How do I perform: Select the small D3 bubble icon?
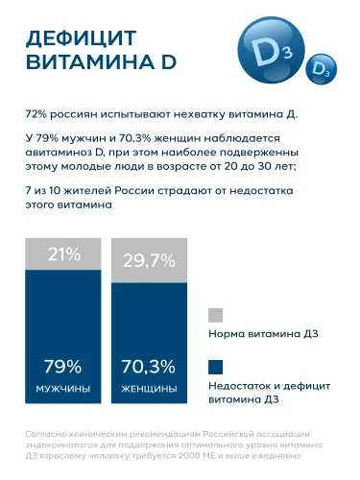[318, 71]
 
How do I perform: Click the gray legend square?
[216, 315]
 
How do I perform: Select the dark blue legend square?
[216, 366]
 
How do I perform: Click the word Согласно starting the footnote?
[48, 435]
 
